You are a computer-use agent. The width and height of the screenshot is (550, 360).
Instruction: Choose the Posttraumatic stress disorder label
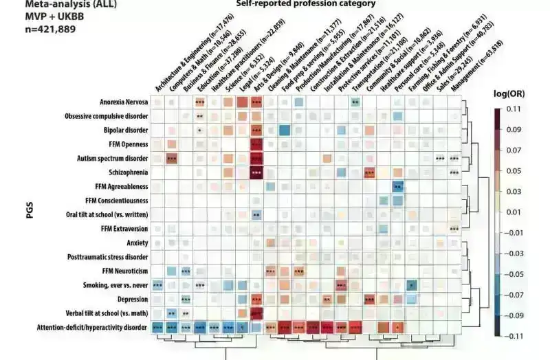[107, 256]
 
